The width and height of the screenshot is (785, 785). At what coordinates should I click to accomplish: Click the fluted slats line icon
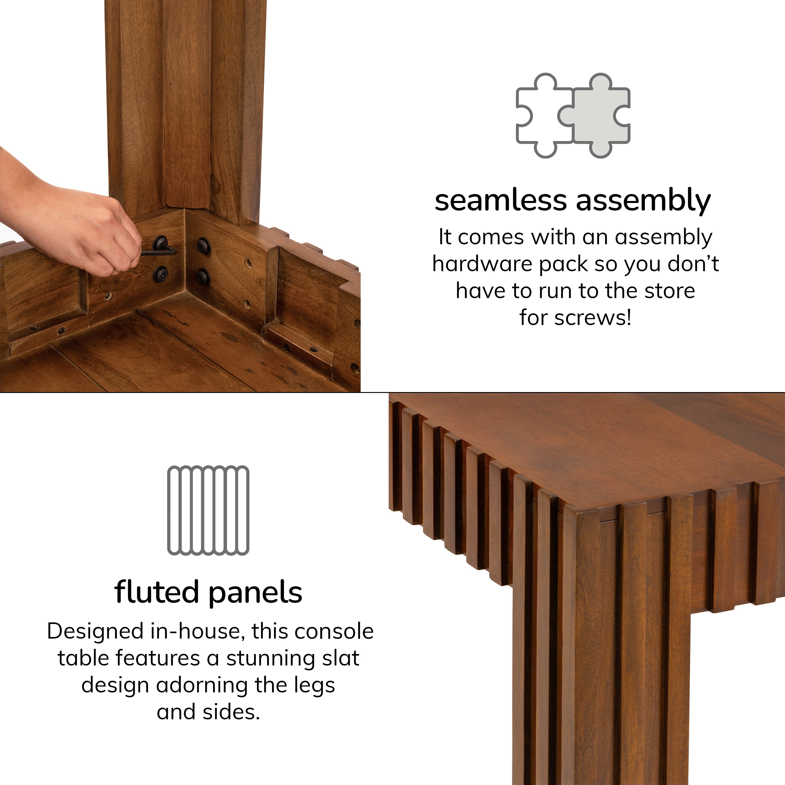(208, 511)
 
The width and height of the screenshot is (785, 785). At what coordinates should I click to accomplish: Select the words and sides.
(208, 712)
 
